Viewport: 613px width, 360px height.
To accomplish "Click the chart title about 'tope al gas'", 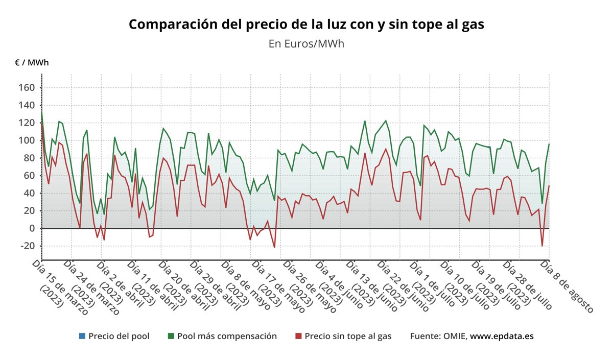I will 306,24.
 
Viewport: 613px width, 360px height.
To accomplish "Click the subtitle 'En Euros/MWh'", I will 306,43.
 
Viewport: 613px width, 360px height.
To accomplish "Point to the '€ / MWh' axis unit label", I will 32,62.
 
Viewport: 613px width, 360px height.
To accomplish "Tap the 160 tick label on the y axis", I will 27,88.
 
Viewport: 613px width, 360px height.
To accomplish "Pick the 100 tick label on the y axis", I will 27,140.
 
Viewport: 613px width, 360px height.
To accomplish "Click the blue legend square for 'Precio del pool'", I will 82,336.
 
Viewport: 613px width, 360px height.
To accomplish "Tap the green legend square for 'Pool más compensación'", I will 171,336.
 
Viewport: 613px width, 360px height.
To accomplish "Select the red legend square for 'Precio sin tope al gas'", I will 298,336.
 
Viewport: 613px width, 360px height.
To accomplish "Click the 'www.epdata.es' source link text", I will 502,336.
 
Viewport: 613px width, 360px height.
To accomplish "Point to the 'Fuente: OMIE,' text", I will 438,336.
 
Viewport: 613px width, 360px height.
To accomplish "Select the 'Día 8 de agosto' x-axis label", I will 567,286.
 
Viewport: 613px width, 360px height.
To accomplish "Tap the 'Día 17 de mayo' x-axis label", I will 276,284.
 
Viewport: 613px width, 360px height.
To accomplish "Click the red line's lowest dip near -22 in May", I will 274,248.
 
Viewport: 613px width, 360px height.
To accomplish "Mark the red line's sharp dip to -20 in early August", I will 542,246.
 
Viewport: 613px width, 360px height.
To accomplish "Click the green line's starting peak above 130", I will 41,111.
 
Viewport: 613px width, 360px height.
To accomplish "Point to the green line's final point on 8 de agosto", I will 549,144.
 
